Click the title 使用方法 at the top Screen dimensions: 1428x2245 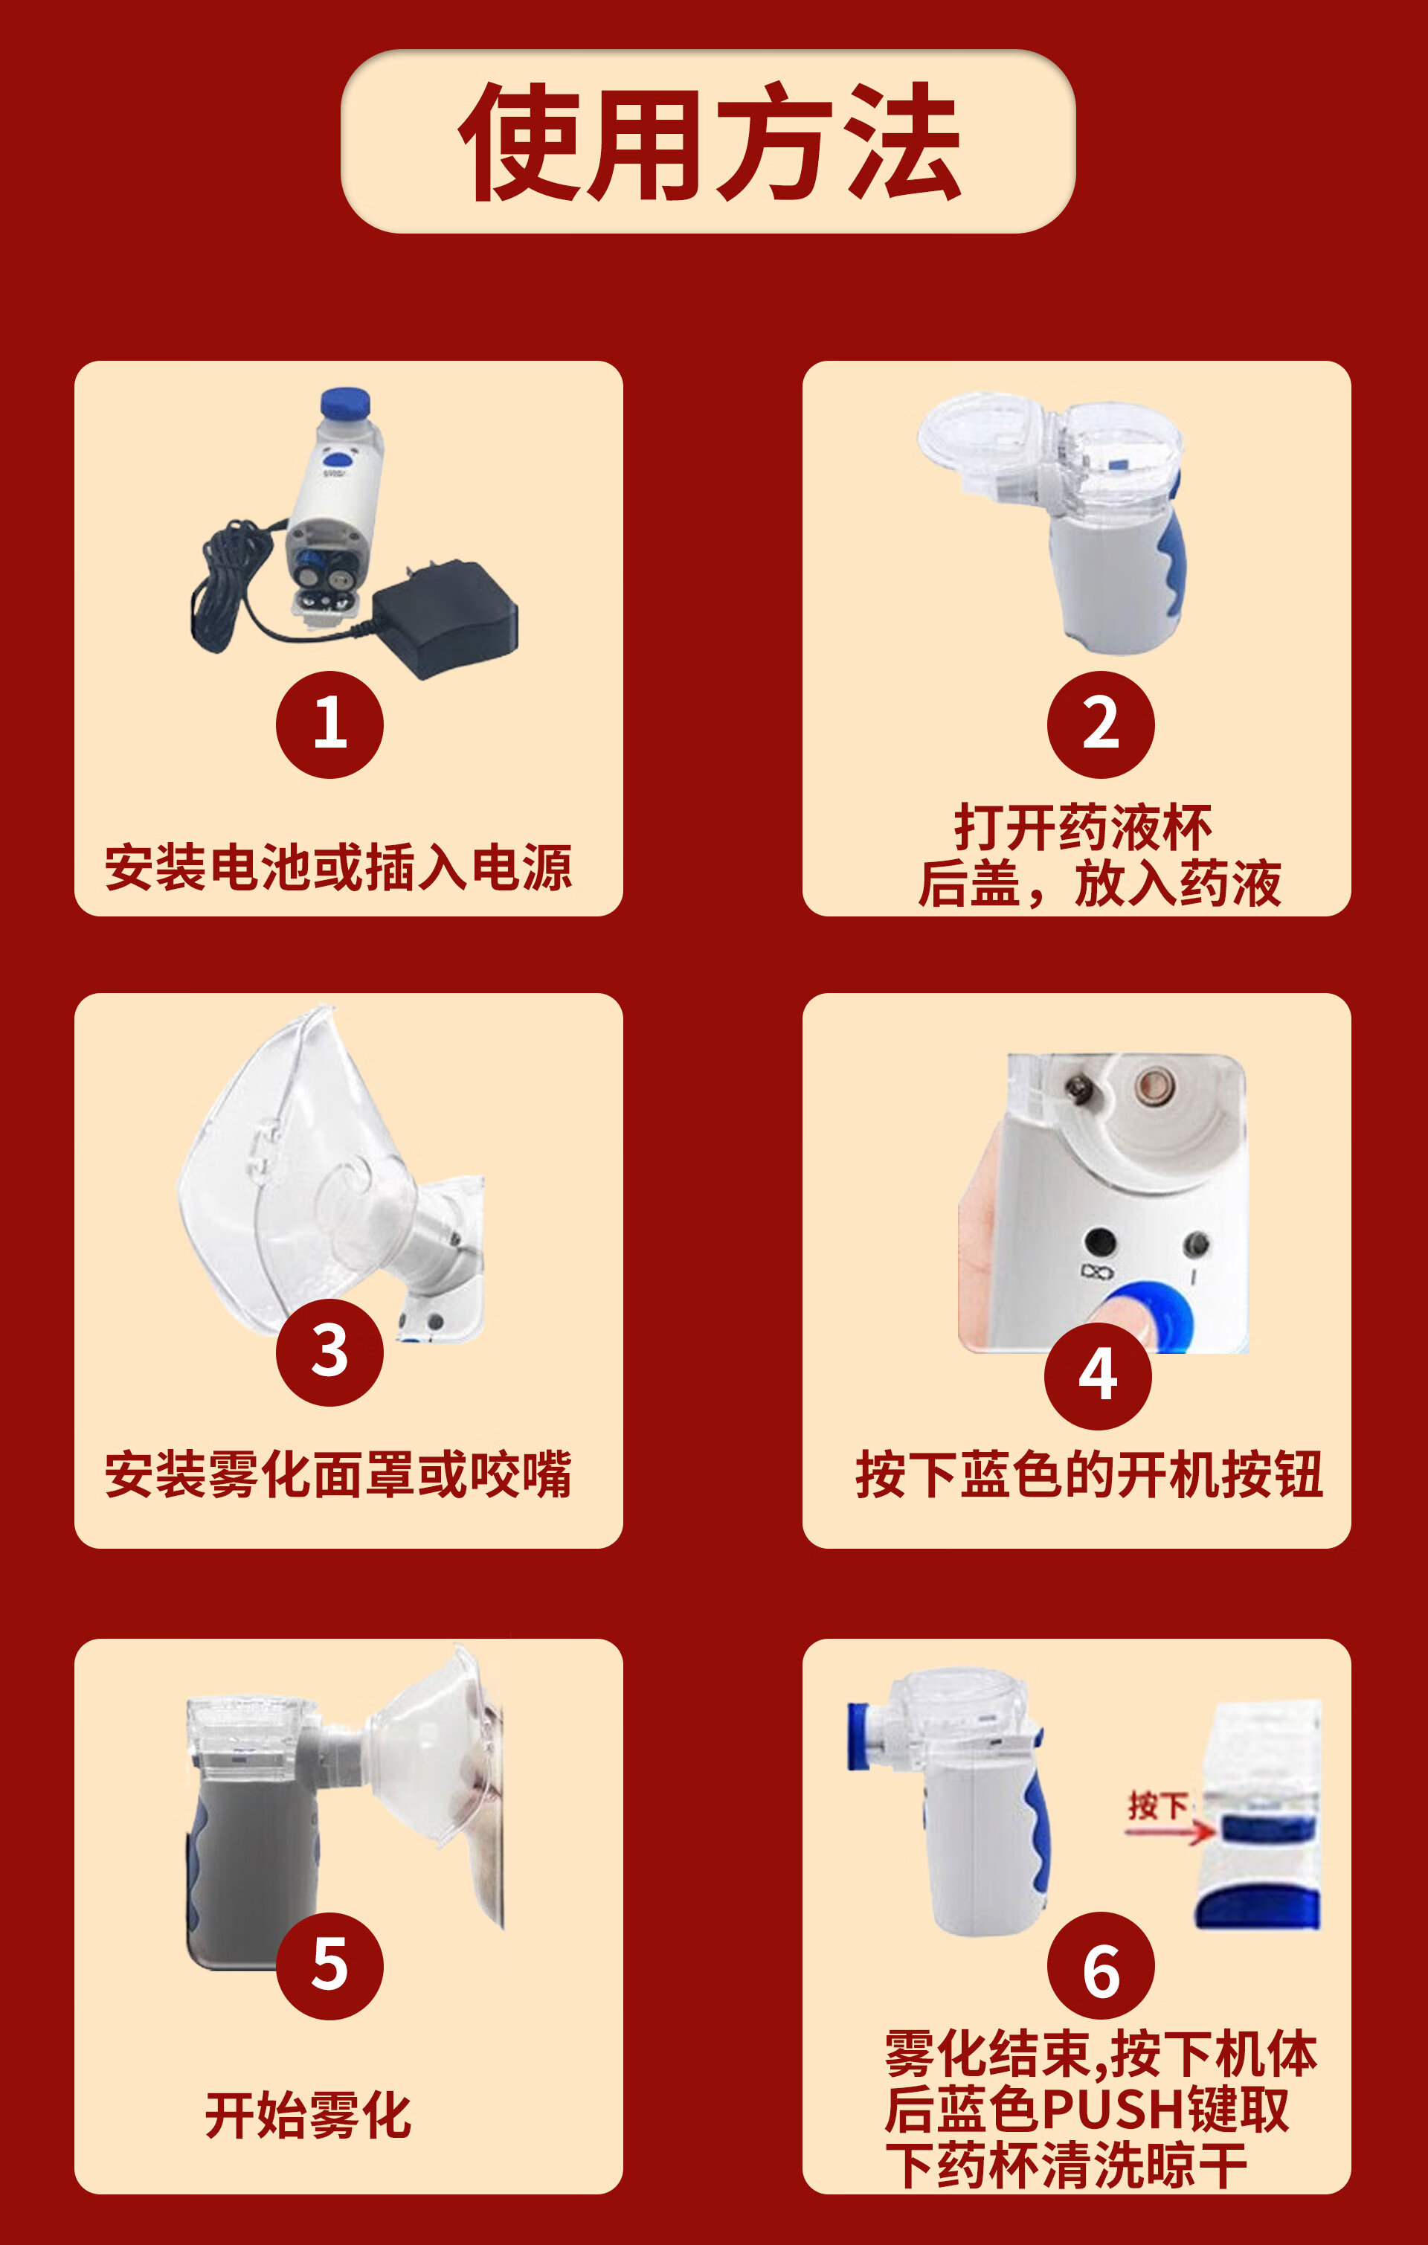pos(710,142)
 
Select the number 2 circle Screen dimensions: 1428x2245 pos(1101,725)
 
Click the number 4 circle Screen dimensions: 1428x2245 pos(1098,1376)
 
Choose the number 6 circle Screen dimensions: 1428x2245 pos(1101,1966)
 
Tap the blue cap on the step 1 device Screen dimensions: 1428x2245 pos(345,404)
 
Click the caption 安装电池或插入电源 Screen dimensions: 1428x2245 pos(338,867)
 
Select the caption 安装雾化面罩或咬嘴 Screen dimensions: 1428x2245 pos(338,1474)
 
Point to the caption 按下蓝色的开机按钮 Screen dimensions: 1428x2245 pos(1089,1474)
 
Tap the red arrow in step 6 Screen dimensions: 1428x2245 pos(1171,1832)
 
